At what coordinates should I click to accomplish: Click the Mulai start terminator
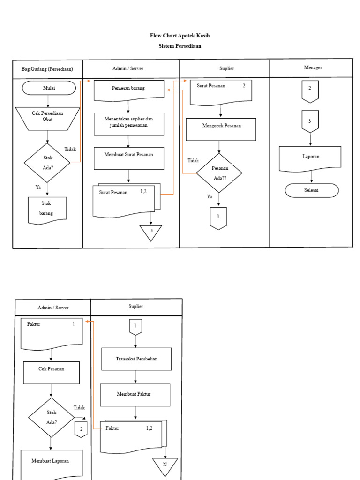[49, 88]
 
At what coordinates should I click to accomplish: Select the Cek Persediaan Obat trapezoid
[48, 119]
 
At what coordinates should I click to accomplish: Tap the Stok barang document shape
[47, 209]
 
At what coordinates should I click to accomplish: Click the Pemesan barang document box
[129, 89]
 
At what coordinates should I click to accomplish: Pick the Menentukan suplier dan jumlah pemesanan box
[129, 124]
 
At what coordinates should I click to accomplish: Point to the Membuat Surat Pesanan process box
[129, 158]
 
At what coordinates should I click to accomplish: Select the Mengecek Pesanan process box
[221, 129]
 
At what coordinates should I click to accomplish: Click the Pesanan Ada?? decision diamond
[219, 173]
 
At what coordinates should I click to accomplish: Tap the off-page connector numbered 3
[310, 121]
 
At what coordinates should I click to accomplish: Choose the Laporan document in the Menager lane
[310, 158]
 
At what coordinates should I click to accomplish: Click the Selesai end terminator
[312, 190]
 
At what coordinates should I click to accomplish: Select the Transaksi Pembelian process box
[136, 359]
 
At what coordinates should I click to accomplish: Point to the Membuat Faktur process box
[135, 395]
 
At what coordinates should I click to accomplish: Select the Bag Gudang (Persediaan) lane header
[47, 69]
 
